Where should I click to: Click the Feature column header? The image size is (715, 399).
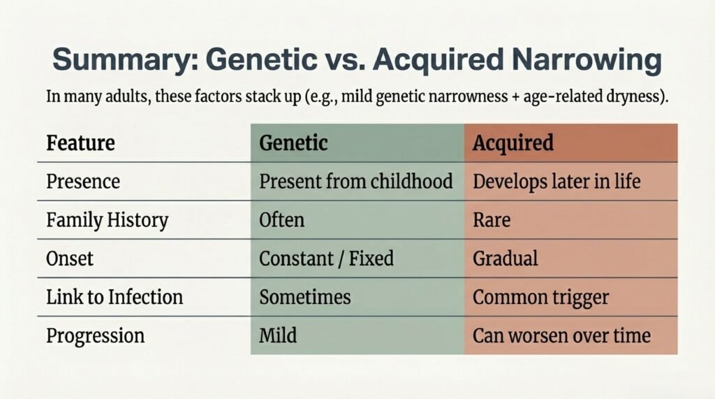pos(80,143)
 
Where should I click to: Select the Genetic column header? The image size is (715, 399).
pos(293,143)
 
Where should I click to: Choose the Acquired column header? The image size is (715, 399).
pos(513,143)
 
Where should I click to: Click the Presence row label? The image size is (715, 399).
pos(82,182)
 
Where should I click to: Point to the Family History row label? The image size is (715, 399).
pos(107,221)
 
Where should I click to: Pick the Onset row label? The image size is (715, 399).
pos(70,259)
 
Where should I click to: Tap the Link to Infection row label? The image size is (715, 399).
pos(114,297)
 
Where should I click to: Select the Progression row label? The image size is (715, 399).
pos(95,335)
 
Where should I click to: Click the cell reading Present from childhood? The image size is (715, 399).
pos(356,182)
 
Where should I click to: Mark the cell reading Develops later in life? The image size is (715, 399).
pos(556,182)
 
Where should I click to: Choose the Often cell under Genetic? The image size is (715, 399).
pos(281,221)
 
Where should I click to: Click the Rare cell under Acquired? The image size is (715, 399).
pos(492,221)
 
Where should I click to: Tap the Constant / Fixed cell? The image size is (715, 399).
pos(326,259)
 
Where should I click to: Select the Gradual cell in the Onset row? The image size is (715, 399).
pos(506,259)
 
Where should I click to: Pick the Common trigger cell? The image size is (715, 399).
pos(540,297)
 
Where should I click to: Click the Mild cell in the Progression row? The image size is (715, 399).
pos(278,335)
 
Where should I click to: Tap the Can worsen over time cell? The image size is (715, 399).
pos(561,335)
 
